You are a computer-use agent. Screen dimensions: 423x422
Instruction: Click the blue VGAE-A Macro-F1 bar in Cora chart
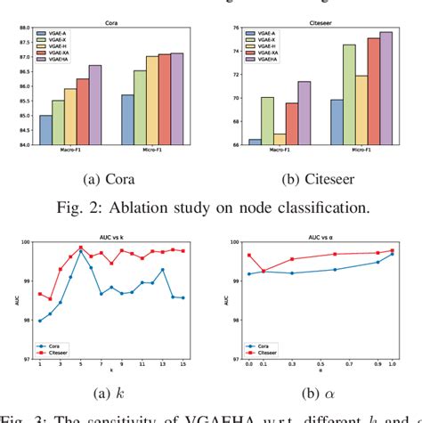click(x=45, y=130)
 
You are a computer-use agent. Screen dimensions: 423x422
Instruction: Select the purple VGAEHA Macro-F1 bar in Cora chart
click(x=95, y=105)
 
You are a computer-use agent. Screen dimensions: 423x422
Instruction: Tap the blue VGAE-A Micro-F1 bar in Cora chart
click(x=127, y=119)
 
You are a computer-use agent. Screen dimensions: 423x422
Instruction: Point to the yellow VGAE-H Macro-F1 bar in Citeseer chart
click(x=256, y=139)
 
